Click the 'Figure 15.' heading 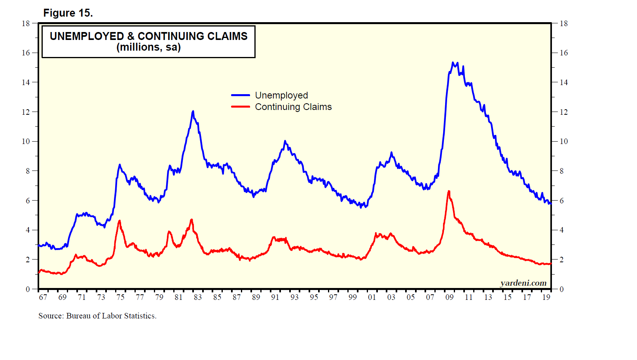[x=68, y=13]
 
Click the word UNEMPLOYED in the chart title [x=87, y=36]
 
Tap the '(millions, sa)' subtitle [x=148, y=47]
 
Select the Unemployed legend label [x=281, y=95]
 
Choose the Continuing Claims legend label [x=293, y=107]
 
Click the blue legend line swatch [x=241, y=95]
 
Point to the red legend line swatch [x=241, y=107]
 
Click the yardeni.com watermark [x=523, y=283]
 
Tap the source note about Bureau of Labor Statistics [x=97, y=316]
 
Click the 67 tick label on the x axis [x=43, y=297]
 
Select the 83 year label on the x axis [x=198, y=297]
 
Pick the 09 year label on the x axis [x=449, y=297]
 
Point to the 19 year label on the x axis [x=546, y=297]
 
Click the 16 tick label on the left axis [x=26, y=53]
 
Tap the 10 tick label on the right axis [x=563, y=141]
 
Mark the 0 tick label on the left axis [x=28, y=289]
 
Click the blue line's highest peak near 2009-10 [x=453, y=63]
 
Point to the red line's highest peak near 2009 [x=449, y=191]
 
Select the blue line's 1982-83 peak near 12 [x=193, y=111]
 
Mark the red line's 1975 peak [x=119, y=221]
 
